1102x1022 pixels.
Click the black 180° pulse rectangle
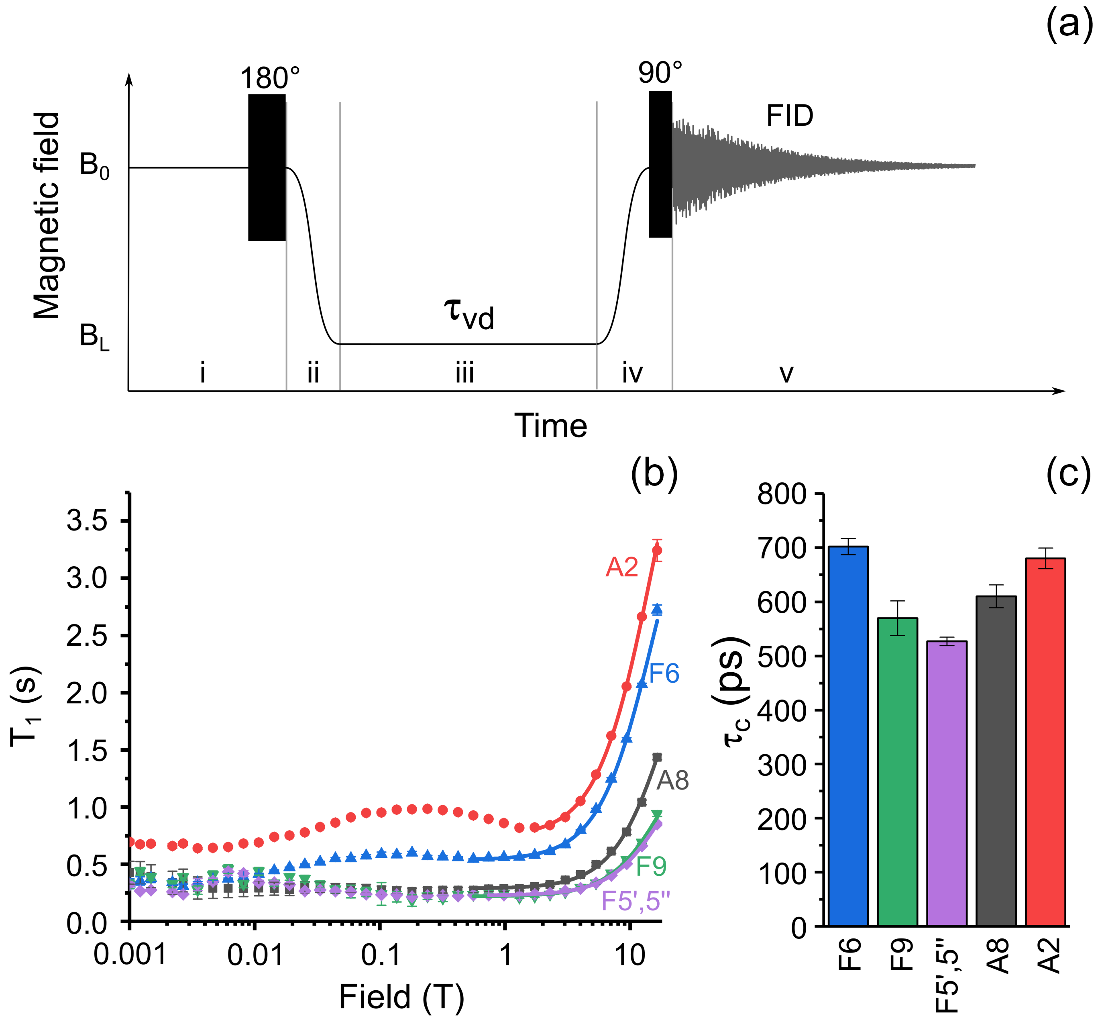267,167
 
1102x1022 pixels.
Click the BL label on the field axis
94,336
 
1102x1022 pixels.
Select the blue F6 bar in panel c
847,736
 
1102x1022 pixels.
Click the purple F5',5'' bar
947,783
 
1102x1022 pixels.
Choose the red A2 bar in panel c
1045,741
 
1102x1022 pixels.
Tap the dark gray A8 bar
996,761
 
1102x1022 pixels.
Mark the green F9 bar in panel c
897,771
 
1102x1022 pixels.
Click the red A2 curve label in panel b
621,567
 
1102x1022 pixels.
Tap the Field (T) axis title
401,997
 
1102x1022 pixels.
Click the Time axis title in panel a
551,426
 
